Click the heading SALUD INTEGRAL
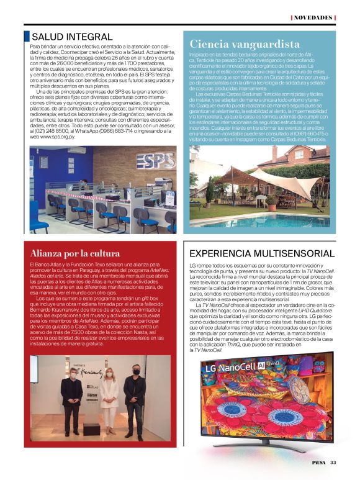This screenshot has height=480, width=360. (72, 37)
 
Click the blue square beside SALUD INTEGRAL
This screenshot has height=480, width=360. (26, 37)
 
